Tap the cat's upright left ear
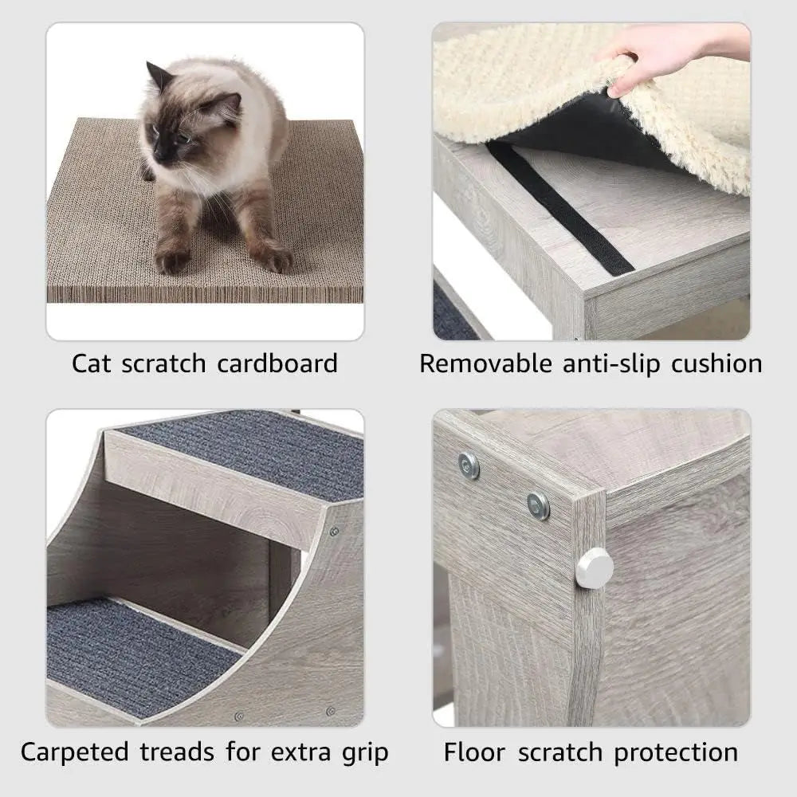point(159,77)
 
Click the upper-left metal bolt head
point(469,465)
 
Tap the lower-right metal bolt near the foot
point(539,505)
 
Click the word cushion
point(716,364)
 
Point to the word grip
point(359,752)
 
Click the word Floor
point(476,752)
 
